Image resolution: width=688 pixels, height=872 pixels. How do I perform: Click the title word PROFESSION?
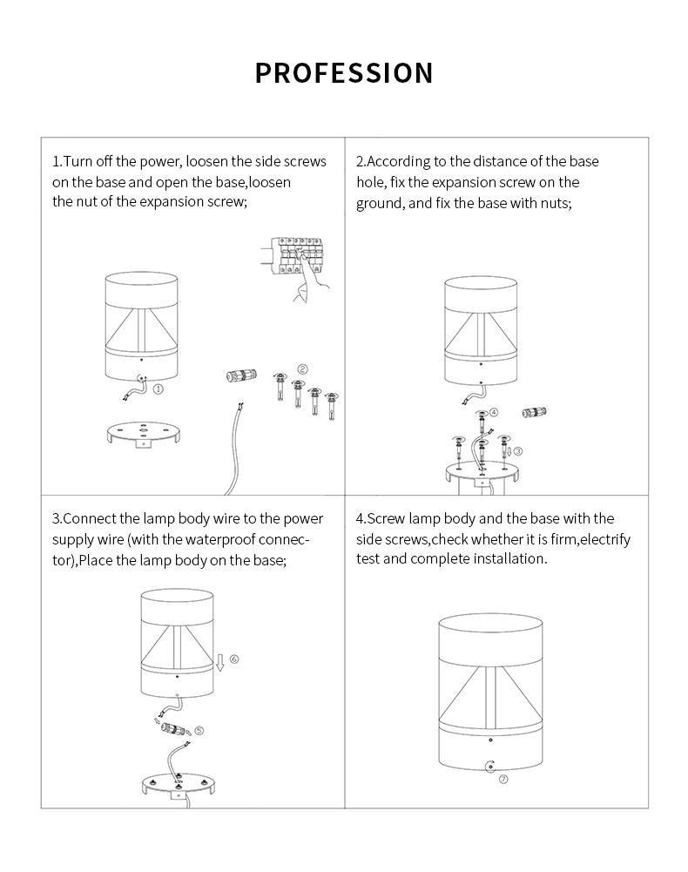(344, 73)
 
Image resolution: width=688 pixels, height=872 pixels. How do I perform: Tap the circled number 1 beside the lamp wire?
(159, 390)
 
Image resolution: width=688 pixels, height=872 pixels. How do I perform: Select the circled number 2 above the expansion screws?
(302, 368)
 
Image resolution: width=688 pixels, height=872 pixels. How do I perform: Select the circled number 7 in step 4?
(503, 780)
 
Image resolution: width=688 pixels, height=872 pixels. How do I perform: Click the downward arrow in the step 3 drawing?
(220, 662)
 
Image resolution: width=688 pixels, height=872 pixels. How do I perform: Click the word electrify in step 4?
(604, 539)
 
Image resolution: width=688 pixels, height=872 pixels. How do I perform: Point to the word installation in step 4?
(505, 558)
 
